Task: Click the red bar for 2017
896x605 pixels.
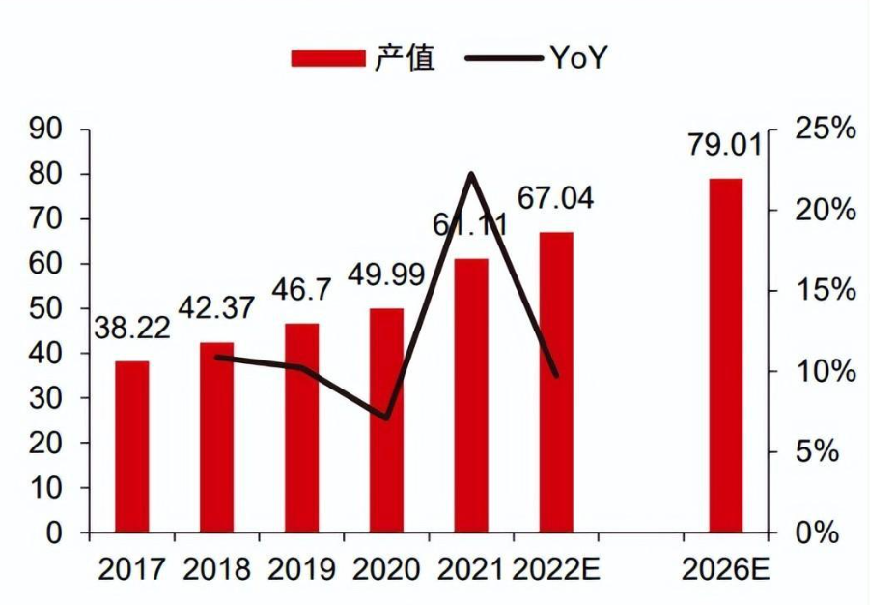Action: [132, 447]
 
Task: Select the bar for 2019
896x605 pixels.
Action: [301, 428]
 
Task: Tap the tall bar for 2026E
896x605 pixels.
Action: [725, 356]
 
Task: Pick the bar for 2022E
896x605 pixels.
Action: [556, 382]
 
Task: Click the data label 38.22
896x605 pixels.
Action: [132, 328]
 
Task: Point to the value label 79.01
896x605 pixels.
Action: [725, 147]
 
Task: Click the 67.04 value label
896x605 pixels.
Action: [555, 199]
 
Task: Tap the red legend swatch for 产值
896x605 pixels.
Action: [326, 58]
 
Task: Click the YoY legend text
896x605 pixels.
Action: [579, 58]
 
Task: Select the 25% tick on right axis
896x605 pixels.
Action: [826, 130]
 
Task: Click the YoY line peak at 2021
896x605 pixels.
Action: [471, 174]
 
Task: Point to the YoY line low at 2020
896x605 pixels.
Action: [386, 418]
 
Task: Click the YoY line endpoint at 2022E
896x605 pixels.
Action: [556, 375]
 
